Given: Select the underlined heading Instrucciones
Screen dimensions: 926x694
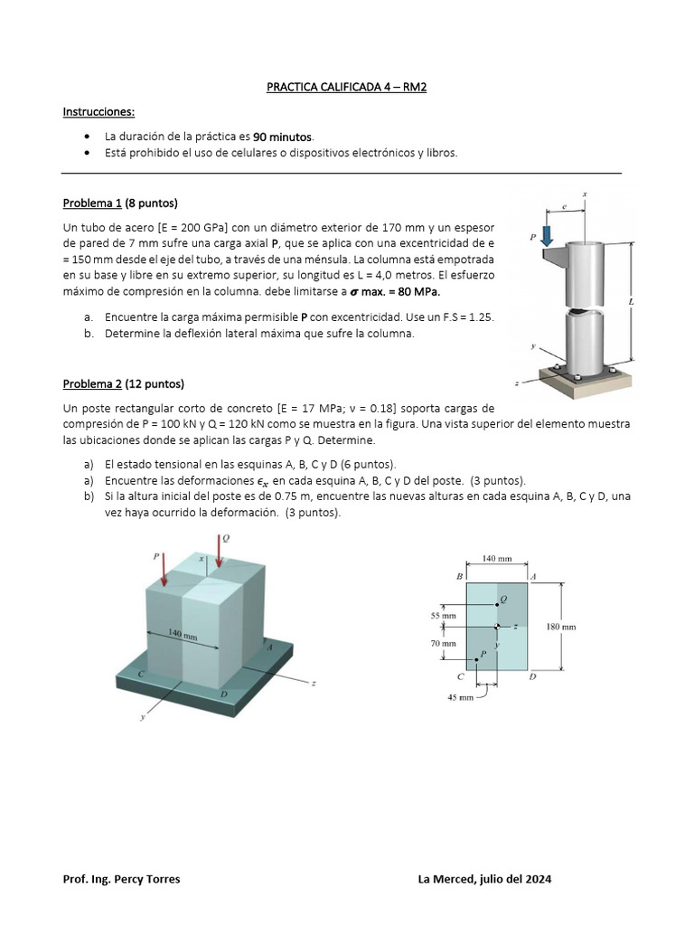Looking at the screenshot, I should click(98, 111).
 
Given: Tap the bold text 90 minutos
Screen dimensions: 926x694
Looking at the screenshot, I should click(282, 137).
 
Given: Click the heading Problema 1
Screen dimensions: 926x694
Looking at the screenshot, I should click(92, 202).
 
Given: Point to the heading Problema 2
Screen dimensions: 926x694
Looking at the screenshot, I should click(92, 383).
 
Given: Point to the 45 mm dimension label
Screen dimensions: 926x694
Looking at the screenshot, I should click(461, 697).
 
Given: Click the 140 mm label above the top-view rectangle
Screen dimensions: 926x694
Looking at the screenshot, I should click(496, 559).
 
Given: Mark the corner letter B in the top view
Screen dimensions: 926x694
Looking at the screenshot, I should click(460, 576).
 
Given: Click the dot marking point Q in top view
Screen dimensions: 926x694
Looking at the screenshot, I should click(496, 604).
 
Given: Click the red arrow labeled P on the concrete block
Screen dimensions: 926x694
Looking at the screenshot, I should click(163, 572).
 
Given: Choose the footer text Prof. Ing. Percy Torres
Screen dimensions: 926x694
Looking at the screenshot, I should click(121, 879).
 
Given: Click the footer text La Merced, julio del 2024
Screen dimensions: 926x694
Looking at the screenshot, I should click(485, 879).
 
